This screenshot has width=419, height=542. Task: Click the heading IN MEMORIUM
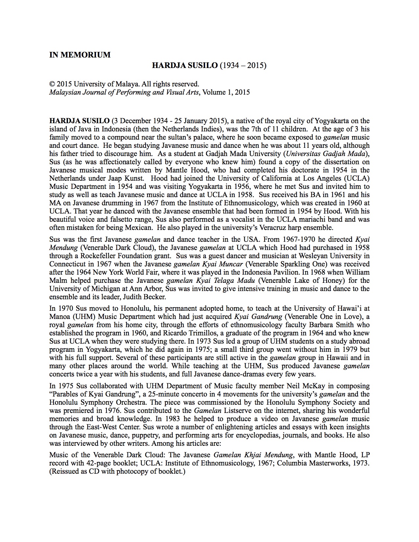coord(80,55)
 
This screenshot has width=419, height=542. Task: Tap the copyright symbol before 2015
coord(52,84)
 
